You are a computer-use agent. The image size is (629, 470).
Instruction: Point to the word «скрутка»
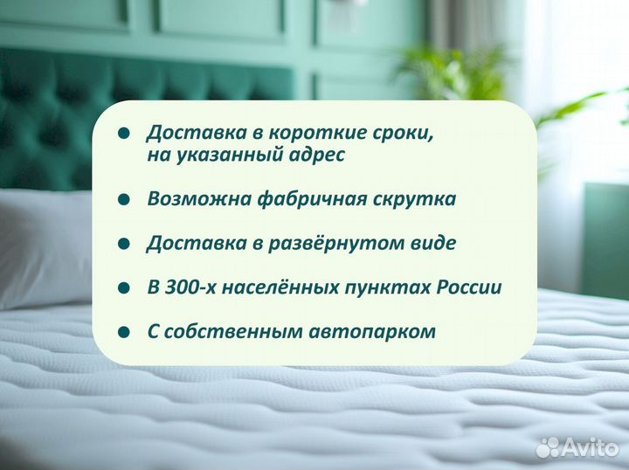pos(416,199)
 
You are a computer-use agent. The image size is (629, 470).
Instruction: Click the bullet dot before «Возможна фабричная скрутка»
pos(123,200)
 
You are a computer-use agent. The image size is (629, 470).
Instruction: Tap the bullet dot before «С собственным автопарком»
pos(123,332)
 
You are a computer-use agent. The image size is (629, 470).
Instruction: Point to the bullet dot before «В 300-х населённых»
pos(123,288)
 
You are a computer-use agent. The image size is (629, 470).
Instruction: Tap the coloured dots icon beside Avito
pos(548,447)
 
